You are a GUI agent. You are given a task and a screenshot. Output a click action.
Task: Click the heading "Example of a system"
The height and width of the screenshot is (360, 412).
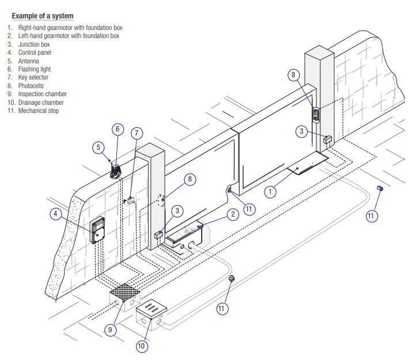tap(42, 16)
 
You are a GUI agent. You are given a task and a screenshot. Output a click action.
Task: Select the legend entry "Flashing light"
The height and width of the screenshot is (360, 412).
tap(35, 69)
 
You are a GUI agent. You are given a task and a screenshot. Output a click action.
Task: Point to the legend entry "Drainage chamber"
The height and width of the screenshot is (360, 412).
tap(41, 102)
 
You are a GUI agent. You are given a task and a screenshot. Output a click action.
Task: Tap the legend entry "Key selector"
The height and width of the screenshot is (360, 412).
tap(33, 77)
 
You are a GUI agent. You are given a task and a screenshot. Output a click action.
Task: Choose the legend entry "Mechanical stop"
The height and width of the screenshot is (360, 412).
tap(39, 111)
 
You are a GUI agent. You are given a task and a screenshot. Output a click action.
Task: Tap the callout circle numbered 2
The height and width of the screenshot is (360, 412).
tap(232, 214)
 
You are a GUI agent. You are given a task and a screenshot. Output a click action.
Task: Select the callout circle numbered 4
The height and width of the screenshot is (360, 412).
tap(55, 214)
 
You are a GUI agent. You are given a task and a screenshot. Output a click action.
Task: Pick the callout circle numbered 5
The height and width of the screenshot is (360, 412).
tap(98, 147)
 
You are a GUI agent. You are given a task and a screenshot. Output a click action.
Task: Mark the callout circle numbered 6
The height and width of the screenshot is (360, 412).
tap(117, 129)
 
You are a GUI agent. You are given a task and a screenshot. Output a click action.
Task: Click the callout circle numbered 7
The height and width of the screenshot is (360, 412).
tap(136, 133)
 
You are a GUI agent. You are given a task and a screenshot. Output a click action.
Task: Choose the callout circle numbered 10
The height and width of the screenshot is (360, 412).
tap(142, 346)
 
